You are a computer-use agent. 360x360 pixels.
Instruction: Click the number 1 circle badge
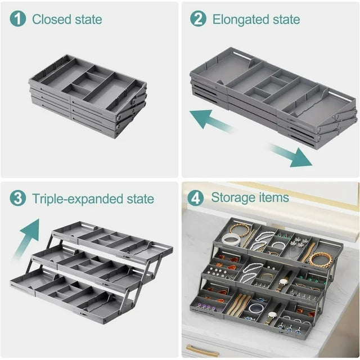coord(19,19)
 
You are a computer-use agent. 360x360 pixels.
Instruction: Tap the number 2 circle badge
coord(198,19)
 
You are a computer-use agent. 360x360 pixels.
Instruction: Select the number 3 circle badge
coord(19,198)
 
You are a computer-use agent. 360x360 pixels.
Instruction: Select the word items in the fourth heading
coord(274,197)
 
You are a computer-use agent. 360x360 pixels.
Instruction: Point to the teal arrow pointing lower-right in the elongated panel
coord(291,155)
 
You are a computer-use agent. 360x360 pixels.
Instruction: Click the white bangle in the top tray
coord(231,240)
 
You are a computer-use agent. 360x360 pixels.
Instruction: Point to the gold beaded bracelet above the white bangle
coord(239,229)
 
